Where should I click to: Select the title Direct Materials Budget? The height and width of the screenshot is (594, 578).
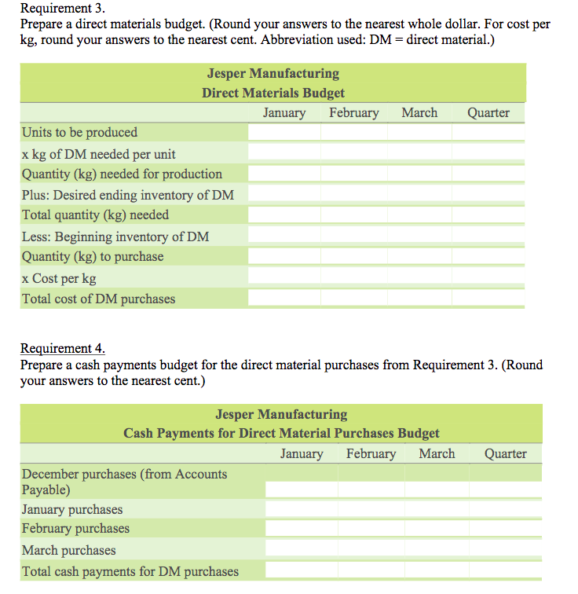click(x=273, y=93)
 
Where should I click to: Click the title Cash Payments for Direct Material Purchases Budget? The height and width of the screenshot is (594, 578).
click(x=281, y=433)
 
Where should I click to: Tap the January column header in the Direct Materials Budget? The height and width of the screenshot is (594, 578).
click(x=284, y=113)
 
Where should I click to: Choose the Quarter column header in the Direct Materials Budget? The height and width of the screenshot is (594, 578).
click(x=488, y=113)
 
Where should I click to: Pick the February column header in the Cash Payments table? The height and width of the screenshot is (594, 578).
click(x=371, y=453)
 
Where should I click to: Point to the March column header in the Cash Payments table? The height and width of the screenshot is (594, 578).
click(x=437, y=453)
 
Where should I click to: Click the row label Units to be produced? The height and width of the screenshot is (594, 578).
click(x=79, y=132)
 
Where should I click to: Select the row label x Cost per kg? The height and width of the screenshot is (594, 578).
click(x=60, y=278)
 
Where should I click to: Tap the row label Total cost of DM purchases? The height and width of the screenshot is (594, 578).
click(x=99, y=299)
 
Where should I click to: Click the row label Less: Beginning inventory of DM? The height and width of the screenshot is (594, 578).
click(x=115, y=236)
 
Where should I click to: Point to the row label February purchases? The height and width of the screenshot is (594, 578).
click(x=75, y=529)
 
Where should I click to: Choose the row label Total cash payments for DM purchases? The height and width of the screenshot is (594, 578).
click(x=130, y=571)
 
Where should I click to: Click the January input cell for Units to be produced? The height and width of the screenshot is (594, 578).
click(x=284, y=133)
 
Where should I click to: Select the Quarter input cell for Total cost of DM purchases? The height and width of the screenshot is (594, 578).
click(x=488, y=299)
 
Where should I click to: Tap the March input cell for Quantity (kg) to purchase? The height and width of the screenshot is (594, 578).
click(x=419, y=257)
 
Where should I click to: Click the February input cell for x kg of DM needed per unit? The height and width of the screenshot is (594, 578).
click(x=353, y=154)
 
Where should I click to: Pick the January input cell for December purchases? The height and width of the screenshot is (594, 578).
click(x=302, y=489)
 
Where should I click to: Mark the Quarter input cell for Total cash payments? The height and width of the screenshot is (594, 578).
click(x=506, y=571)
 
